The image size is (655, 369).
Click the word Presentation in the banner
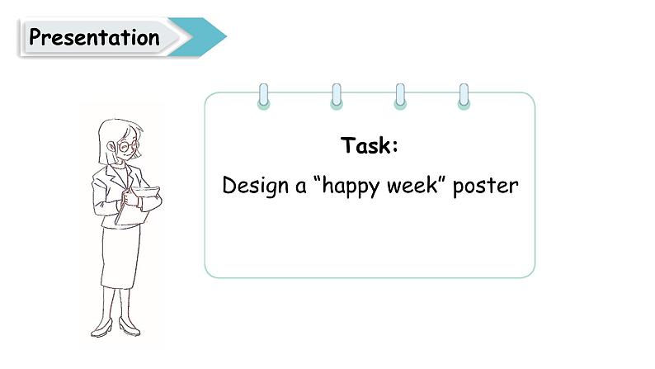click(94, 37)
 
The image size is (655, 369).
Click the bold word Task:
click(370, 146)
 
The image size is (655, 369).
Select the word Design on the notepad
click(252, 186)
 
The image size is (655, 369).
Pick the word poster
click(486, 186)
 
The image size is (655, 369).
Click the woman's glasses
click(128, 146)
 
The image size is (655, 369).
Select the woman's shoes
click(115, 328)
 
